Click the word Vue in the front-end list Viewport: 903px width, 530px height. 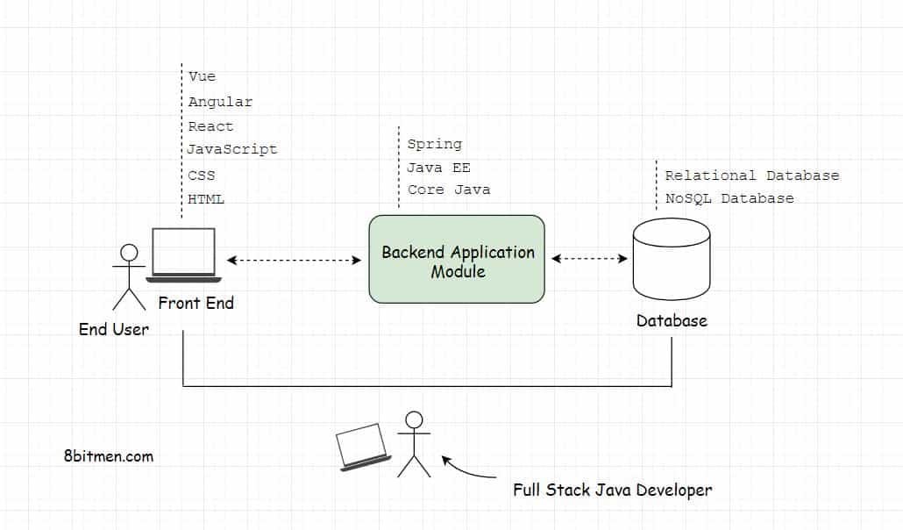click(202, 76)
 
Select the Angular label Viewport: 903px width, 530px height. click(220, 102)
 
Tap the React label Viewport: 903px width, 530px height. click(210, 126)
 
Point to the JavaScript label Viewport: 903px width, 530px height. click(232, 150)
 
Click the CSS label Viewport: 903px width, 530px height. click(201, 175)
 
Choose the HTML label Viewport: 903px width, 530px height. click(206, 199)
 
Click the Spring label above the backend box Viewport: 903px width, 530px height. click(434, 144)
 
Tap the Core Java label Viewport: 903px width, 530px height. click(449, 190)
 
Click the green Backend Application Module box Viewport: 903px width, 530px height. click(457, 260)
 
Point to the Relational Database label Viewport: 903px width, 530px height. click(751, 175)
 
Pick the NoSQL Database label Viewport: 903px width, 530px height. click(729, 198)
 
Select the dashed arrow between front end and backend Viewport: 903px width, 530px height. click(294, 260)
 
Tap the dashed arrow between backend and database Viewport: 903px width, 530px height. click(589, 259)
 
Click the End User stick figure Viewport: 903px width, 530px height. click(129, 276)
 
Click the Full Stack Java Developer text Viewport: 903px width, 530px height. click(612, 490)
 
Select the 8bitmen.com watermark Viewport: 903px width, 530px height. click(109, 456)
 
